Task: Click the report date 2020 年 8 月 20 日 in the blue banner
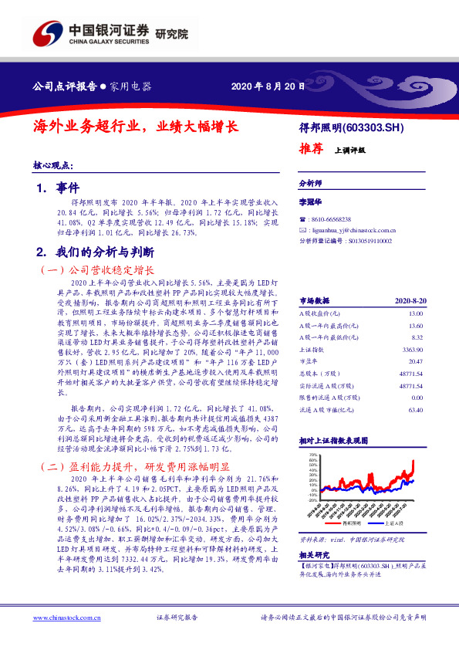tap(263, 86)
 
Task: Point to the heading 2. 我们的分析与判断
tap(96, 252)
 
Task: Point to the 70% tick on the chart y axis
tap(312, 455)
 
